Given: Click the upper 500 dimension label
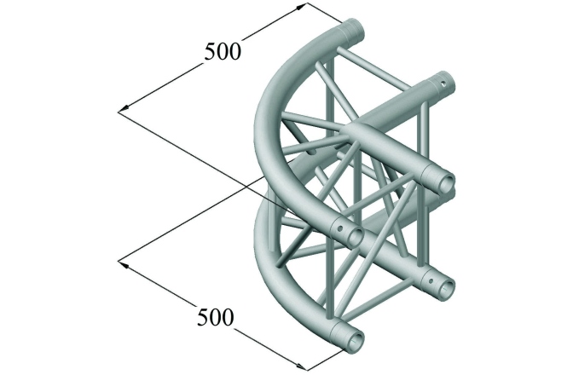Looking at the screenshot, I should tap(223, 52).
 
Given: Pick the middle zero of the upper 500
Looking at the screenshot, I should tap(223, 52).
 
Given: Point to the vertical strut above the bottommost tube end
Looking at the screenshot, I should tap(329, 281).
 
